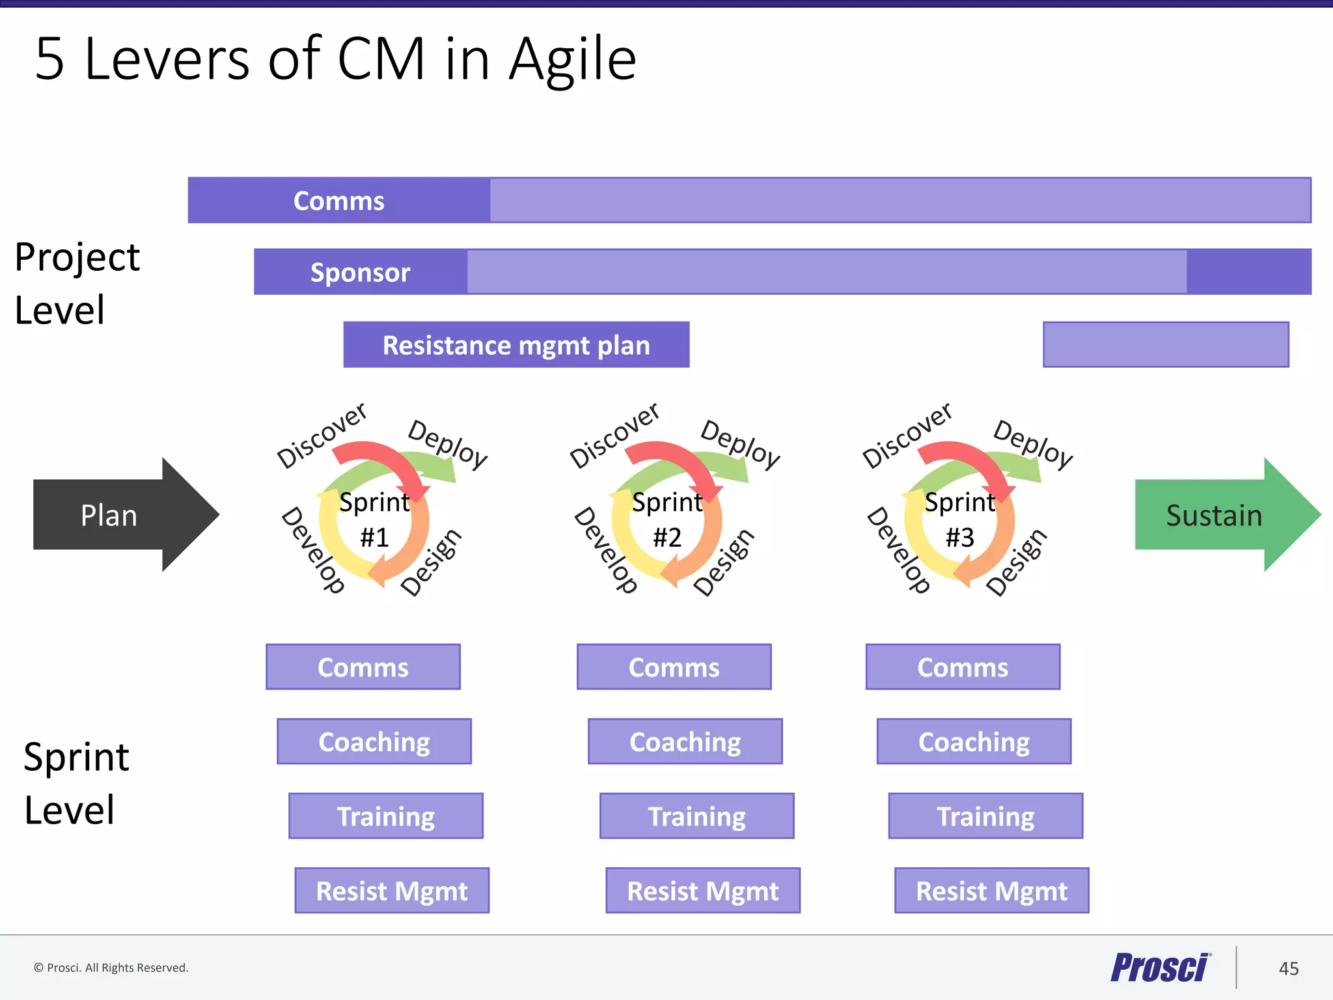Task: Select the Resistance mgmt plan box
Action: click(x=516, y=344)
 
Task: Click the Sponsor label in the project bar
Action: click(x=360, y=272)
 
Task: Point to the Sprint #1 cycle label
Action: click(x=374, y=520)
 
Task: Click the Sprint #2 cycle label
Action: click(x=667, y=520)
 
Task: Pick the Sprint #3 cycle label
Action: click(x=960, y=520)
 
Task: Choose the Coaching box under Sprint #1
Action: click(x=374, y=742)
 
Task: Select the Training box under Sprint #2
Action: click(x=696, y=816)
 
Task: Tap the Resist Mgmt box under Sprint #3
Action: click(x=991, y=891)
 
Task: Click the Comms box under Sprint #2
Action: click(x=674, y=667)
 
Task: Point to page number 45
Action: click(x=1289, y=968)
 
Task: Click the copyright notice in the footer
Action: click(x=111, y=967)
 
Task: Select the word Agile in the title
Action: click(x=572, y=60)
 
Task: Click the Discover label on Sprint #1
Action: click(x=322, y=435)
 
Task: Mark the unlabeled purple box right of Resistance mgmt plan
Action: click(x=1166, y=344)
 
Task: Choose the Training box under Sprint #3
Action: click(x=985, y=816)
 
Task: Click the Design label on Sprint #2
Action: click(x=724, y=562)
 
